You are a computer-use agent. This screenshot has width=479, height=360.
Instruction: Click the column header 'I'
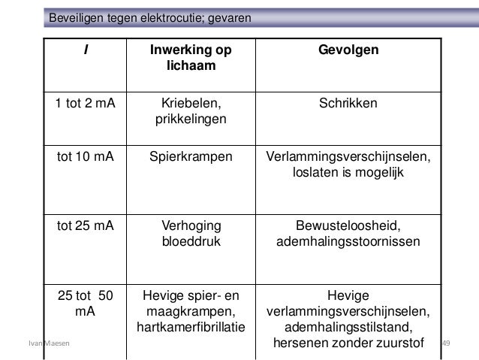pyautogui.click(x=85, y=50)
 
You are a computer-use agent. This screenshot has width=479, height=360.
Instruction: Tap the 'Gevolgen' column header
pyautogui.click(x=348, y=50)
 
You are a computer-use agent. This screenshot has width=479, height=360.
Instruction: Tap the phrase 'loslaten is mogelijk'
pyautogui.click(x=349, y=174)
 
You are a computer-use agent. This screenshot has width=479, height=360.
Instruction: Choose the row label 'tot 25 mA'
pyautogui.click(x=85, y=226)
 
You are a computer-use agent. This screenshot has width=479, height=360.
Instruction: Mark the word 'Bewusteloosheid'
pyautogui.click(x=349, y=226)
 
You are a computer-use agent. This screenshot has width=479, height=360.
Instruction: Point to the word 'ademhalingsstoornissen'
pyautogui.click(x=349, y=242)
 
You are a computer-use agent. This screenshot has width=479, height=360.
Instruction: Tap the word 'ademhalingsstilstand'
pyautogui.click(x=349, y=327)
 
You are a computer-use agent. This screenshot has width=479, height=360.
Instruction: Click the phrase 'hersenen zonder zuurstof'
pyautogui.click(x=349, y=343)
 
